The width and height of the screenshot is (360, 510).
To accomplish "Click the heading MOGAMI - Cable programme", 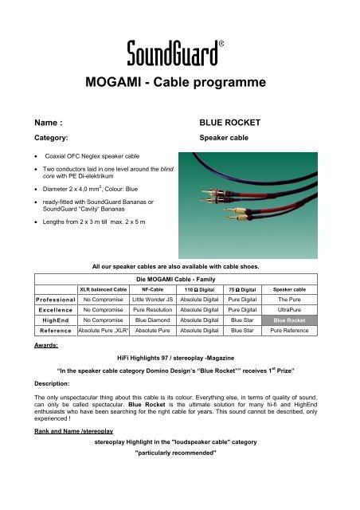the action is (180, 85).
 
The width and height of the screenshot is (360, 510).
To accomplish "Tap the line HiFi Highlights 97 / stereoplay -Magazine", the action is (180, 359).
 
